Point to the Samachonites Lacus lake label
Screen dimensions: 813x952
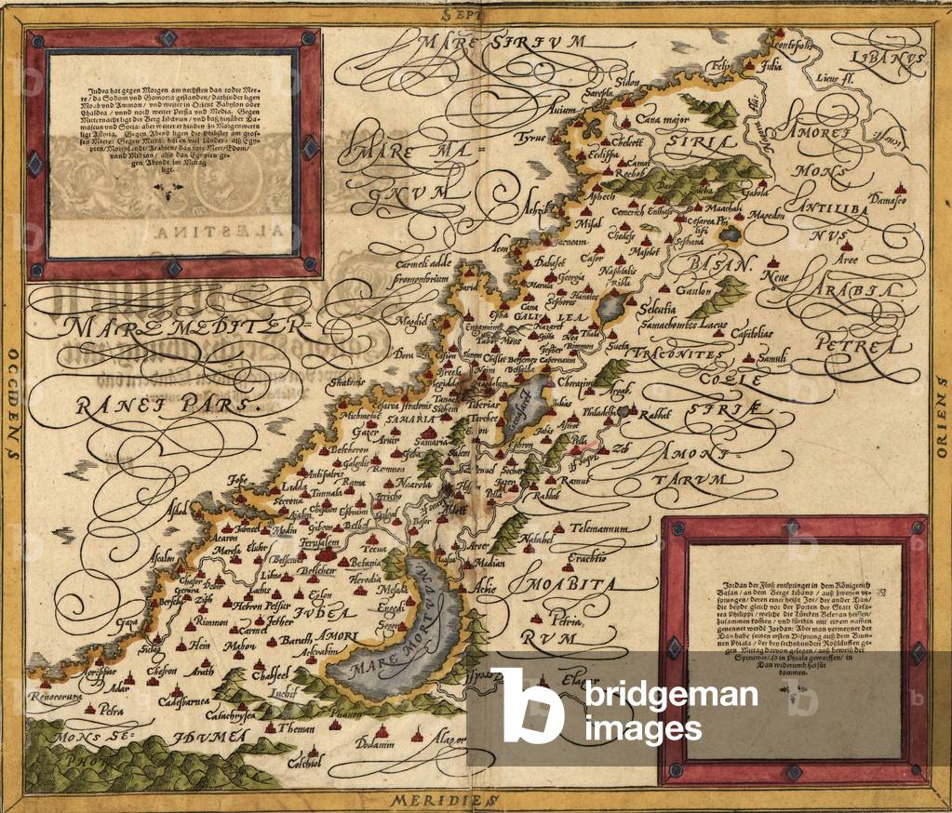[x=683, y=323]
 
